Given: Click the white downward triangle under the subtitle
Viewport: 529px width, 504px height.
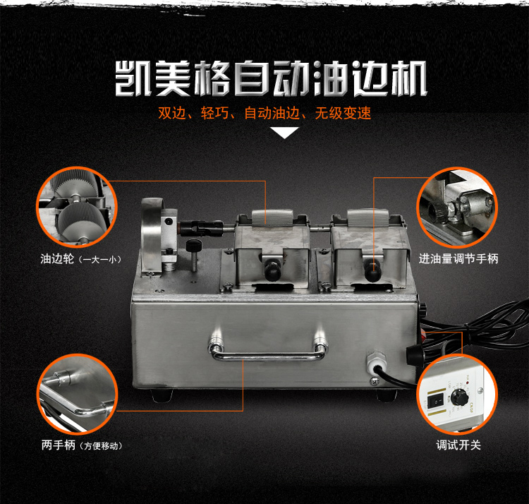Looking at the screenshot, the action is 284,132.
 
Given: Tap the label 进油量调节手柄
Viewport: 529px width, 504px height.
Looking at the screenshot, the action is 458,259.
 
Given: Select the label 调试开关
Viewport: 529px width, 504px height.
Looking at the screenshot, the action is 458,445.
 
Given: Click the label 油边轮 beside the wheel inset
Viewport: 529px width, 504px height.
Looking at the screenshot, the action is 57,259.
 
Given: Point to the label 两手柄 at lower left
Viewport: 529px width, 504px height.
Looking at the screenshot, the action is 58,445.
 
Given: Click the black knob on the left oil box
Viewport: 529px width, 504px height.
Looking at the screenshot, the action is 272,269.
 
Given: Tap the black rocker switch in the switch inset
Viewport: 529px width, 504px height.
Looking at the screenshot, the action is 437,402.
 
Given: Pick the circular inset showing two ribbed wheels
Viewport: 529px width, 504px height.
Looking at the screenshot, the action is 77,207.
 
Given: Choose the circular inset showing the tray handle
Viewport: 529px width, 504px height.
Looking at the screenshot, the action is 77,394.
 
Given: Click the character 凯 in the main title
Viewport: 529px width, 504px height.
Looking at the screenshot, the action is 133,78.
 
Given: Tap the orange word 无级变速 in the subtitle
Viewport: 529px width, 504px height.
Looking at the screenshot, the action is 343,113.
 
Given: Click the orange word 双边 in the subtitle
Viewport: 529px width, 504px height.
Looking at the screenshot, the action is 172,113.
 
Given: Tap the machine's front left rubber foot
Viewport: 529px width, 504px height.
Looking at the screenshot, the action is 162,395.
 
